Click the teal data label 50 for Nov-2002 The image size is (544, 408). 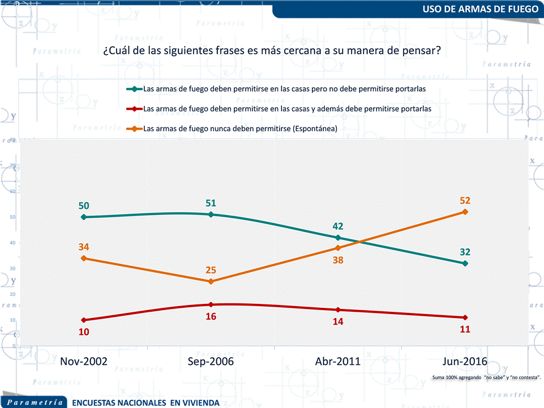(x=84, y=205)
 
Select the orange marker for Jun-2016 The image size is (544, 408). (x=465, y=212)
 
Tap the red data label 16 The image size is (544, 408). (x=211, y=316)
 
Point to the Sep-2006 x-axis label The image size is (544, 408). (x=211, y=362)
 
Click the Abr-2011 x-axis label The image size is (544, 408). (x=337, y=362)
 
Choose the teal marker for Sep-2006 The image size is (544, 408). (x=211, y=214)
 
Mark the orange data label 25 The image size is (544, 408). (x=211, y=270)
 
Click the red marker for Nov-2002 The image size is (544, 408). (x=84, y=320)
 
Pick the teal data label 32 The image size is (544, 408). (x=465, y=252)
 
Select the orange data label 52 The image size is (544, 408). (x=465, y=200)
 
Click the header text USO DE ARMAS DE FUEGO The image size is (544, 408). (x=481, y=9)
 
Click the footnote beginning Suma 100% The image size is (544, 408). (x=486, y=377)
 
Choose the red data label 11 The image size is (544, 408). (x=465, y=329)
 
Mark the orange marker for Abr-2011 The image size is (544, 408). (x=337, y=248)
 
